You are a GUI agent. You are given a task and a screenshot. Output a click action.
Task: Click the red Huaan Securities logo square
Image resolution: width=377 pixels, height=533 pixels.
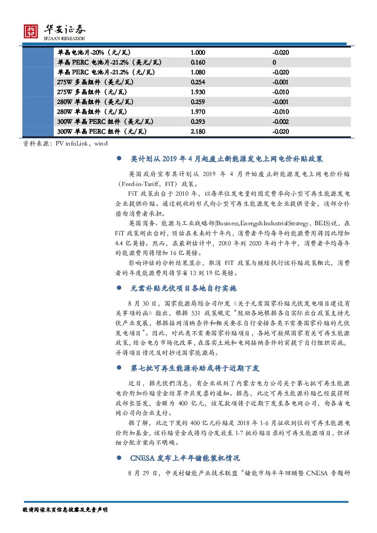31,31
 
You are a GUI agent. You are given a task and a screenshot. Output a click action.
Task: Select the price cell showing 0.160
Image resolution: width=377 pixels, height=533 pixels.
198,62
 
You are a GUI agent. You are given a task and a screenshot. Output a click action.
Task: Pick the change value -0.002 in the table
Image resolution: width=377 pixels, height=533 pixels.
280,122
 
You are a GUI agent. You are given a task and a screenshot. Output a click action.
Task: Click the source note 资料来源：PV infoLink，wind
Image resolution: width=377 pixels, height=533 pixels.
65,144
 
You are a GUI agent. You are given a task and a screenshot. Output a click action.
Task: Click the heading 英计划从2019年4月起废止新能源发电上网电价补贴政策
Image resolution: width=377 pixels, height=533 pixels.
227,159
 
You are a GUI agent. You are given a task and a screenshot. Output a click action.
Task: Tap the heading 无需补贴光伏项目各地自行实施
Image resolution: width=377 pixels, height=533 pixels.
183,289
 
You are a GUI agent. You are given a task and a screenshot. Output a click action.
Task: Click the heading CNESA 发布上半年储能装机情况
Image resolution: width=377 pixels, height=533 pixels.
185,458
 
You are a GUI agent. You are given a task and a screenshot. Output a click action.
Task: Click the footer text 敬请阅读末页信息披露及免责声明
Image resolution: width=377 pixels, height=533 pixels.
65,510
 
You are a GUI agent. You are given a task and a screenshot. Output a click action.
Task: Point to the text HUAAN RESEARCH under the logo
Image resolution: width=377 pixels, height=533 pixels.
64,39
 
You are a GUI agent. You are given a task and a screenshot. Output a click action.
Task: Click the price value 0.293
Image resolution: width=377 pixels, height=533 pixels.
198,122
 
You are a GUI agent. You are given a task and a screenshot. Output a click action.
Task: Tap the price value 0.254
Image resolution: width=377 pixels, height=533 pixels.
198,82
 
